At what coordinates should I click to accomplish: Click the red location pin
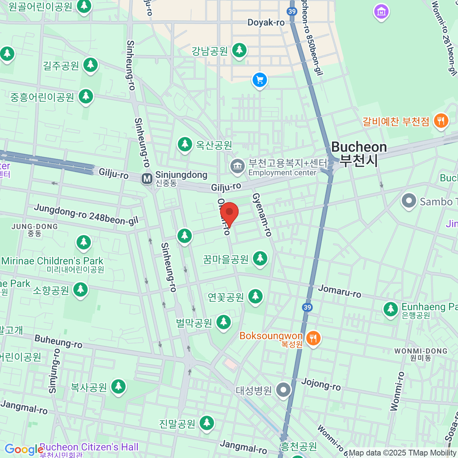229,213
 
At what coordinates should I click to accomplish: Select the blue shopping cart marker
260,80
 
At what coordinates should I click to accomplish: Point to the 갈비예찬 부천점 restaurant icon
441,121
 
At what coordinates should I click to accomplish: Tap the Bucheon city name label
359,153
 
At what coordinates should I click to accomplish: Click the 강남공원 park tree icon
239,50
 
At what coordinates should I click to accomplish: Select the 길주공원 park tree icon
90,65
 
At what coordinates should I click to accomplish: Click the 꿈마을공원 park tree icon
260,258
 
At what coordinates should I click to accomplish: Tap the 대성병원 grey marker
284,390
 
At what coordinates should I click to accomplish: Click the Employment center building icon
237,166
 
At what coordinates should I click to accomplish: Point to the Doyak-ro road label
266,23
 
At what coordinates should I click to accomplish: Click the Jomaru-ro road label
340,291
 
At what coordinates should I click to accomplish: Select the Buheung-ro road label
58,342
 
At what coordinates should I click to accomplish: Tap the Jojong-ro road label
321,384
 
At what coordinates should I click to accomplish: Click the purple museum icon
381,12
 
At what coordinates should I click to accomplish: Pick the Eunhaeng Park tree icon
390,309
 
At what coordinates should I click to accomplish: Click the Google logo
24,450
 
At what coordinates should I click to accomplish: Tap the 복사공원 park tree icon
118,387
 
